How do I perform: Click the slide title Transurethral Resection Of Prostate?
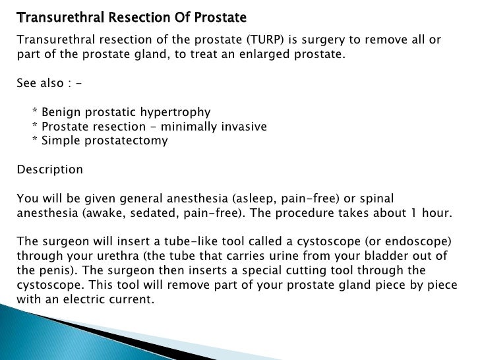[131, 16]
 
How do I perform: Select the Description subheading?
[49, 169]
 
